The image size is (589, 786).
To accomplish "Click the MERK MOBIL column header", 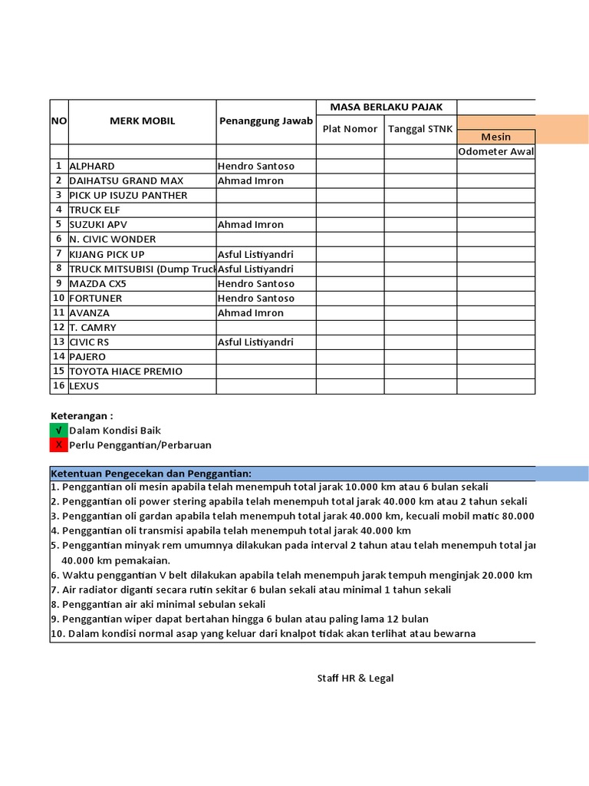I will pos(142,121).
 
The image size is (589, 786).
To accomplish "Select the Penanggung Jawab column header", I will pos(265,121).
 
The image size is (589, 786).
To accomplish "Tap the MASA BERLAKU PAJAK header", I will pos(387,107).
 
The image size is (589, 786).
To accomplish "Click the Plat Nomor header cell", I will pos(350,129).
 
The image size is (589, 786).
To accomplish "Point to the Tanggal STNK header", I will pos(420,129).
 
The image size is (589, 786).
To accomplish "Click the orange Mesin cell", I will pos(495,137).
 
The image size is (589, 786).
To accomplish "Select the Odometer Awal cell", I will pos(495,151).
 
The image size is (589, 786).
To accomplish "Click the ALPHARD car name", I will pos(92,166).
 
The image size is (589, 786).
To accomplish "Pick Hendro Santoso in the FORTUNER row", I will pos(255,299).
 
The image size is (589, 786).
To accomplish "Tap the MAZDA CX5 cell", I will pos(97,284).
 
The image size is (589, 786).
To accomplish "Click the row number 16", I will pos(59,386).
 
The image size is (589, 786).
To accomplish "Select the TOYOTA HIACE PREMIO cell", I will pos(126,372).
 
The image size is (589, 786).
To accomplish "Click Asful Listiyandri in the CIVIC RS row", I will pos(255,342).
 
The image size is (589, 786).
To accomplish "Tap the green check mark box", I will pos(58,431).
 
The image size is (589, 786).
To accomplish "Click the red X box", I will pos(58,445).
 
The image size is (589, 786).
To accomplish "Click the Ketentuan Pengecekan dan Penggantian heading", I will pos(151,473).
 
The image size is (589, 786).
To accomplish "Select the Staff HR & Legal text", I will pos(356,679).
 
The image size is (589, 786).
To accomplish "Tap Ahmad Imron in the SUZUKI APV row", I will pos(250,225).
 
